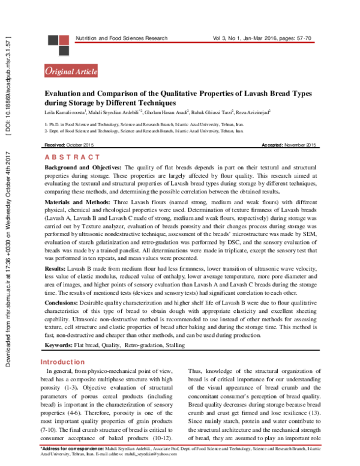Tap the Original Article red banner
point(72,71)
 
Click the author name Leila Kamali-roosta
point(65,112)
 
